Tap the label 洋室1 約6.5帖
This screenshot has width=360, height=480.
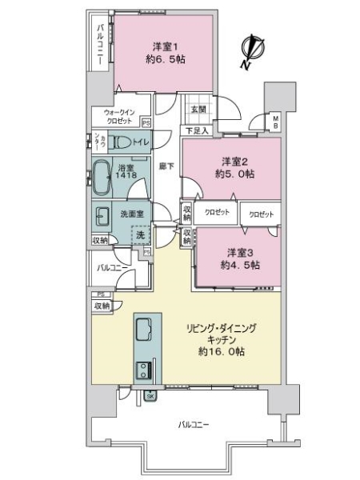click(x=164, y=53)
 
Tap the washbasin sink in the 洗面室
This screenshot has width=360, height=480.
click(x=104, y=216)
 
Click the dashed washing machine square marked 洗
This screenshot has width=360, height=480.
click(x=139, y=235)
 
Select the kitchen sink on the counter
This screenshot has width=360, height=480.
click(x=145, y=328)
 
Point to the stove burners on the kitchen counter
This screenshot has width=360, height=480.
click(x=145, y=371)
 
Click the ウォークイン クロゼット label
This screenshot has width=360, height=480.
click(x=115, y=118)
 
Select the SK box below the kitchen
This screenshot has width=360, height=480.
click(x=150, y=395)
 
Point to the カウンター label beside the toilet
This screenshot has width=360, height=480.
click(x=99, y=142)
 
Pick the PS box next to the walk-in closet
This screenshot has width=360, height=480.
click(x=146, y=123)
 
